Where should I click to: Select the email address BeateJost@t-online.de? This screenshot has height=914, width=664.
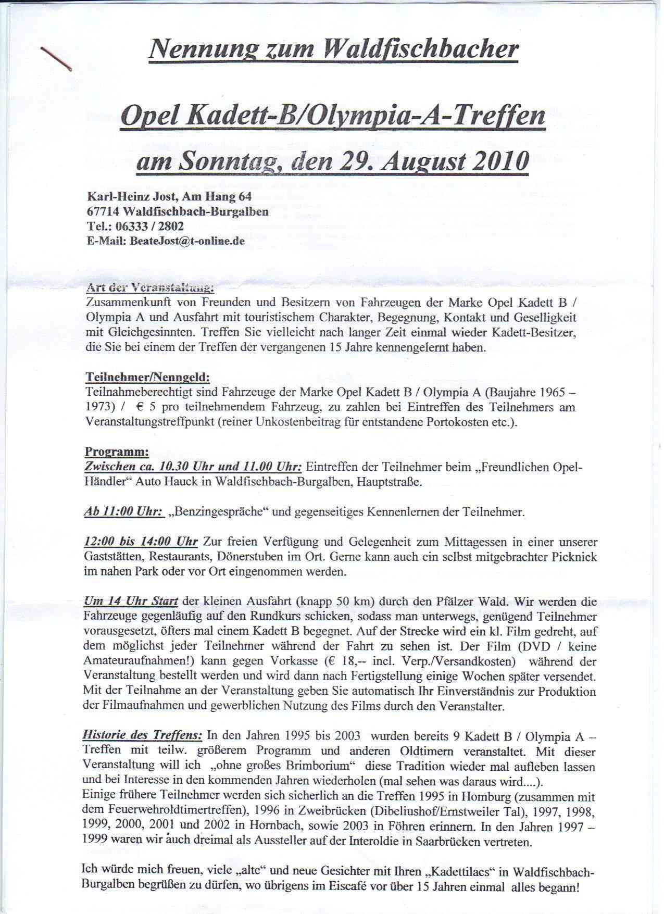[x=187, y=242]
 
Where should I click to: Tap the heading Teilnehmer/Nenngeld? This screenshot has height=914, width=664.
[x=147, y=377]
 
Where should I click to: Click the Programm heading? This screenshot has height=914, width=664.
[x=116, y=451]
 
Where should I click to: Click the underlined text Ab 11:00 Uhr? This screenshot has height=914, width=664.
[x=122, y=511]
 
